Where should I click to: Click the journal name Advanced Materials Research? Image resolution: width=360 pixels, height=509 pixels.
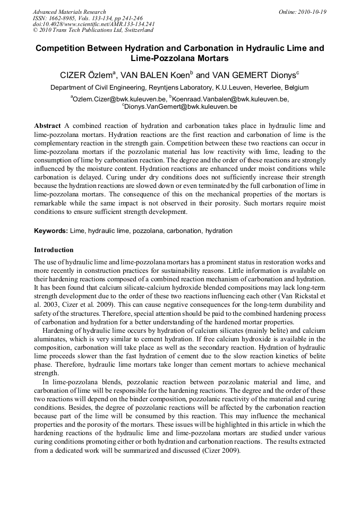[x=69, y=12]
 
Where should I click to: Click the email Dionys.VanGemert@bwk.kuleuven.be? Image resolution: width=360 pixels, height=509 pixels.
[x=181, y=107]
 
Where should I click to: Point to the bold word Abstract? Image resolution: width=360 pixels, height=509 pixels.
[x=47, y=126]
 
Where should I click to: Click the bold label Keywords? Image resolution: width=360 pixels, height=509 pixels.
[x=51, y=231]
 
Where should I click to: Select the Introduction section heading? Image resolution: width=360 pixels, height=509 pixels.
[x=54, y=249]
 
